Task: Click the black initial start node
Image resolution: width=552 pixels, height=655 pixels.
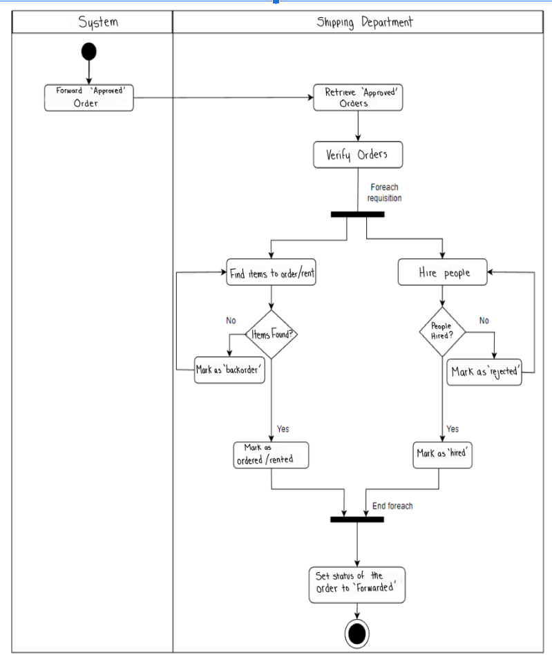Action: coord(88,52)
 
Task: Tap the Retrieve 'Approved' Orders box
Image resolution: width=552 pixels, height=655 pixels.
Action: coord(358,97)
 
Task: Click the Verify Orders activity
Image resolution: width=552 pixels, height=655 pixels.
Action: coord(357,155)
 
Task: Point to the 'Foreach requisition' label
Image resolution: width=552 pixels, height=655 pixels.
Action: coord(384,192)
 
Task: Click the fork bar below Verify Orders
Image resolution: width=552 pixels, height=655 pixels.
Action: coord(357,214)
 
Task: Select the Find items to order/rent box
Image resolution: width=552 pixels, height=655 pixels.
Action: coord(272,272)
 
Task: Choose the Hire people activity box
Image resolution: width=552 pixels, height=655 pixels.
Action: coord(444,272)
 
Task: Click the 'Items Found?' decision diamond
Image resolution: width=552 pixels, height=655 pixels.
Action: coord(271,334)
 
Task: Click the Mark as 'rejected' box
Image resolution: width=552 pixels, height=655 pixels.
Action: coord(484,372)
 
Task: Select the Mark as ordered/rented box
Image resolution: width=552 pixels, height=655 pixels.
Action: coord(271,455)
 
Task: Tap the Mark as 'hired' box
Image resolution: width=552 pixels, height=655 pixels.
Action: coord(443,454)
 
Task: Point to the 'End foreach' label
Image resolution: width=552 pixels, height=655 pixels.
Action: coord(392,506)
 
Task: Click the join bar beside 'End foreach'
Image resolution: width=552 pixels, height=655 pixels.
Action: coord(357,519)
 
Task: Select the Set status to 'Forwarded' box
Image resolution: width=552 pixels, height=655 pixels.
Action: coord(356,585)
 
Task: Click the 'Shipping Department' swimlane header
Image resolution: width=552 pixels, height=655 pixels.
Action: coord(364,22)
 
